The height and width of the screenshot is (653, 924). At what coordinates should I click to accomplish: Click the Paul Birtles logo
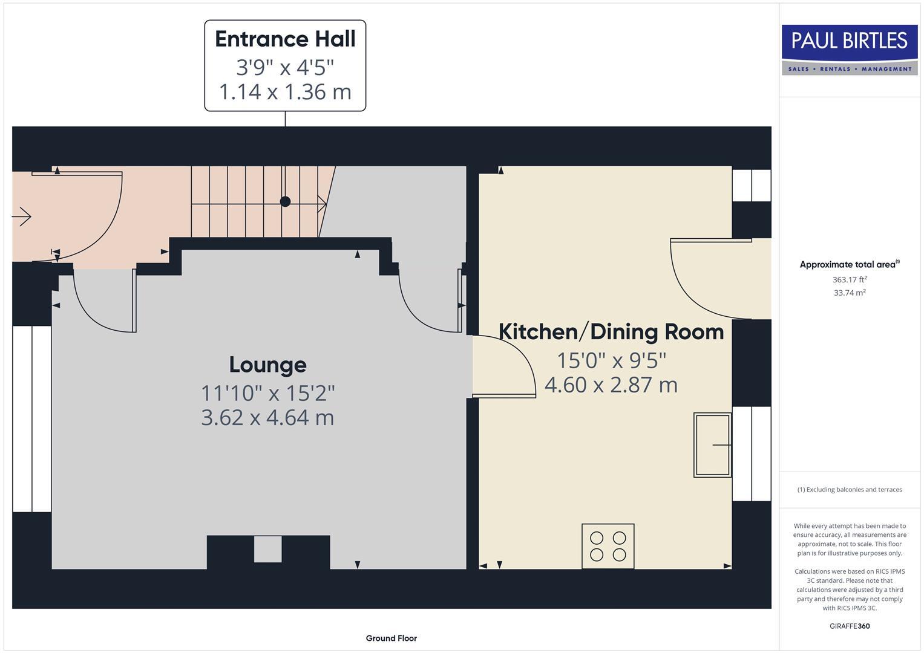click(850, 50)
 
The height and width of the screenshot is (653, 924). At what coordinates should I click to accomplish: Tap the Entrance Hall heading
click(285, 39)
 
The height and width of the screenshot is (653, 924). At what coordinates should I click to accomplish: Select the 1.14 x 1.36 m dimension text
click(285, 91)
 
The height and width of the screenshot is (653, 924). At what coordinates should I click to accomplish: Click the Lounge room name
click(267, 365)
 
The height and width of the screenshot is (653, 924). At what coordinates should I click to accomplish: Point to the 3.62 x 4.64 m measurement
click(267, 418)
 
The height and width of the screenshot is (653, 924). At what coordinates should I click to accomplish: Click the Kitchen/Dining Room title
click(611, 332)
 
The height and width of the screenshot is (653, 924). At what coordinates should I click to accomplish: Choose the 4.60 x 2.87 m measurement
click(611, 385)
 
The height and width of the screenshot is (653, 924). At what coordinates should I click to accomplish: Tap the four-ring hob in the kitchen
click(608, 546)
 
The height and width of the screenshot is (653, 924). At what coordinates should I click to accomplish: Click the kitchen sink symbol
click(712, 445)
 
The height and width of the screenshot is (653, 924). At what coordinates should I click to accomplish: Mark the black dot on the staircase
click(285, 201)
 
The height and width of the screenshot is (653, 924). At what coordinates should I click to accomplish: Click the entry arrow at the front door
click(22, 216)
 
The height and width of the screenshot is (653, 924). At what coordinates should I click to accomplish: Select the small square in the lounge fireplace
click(267, 549)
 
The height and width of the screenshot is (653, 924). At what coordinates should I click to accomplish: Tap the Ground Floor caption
click(392, 638)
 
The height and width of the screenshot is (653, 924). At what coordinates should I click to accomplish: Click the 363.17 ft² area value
click(850, 279)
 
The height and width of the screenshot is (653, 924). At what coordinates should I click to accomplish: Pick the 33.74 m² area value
click(850, 293)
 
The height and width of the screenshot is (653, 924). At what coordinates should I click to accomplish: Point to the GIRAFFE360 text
click(850, 626)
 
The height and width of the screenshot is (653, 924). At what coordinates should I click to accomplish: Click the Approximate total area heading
click(850, 264)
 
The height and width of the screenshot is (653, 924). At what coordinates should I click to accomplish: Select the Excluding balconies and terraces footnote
click(850, 489)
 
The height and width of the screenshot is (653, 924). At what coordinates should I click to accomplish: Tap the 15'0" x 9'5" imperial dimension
click(611, 361)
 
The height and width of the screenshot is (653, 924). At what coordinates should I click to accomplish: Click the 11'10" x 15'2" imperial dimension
click(267, 393)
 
